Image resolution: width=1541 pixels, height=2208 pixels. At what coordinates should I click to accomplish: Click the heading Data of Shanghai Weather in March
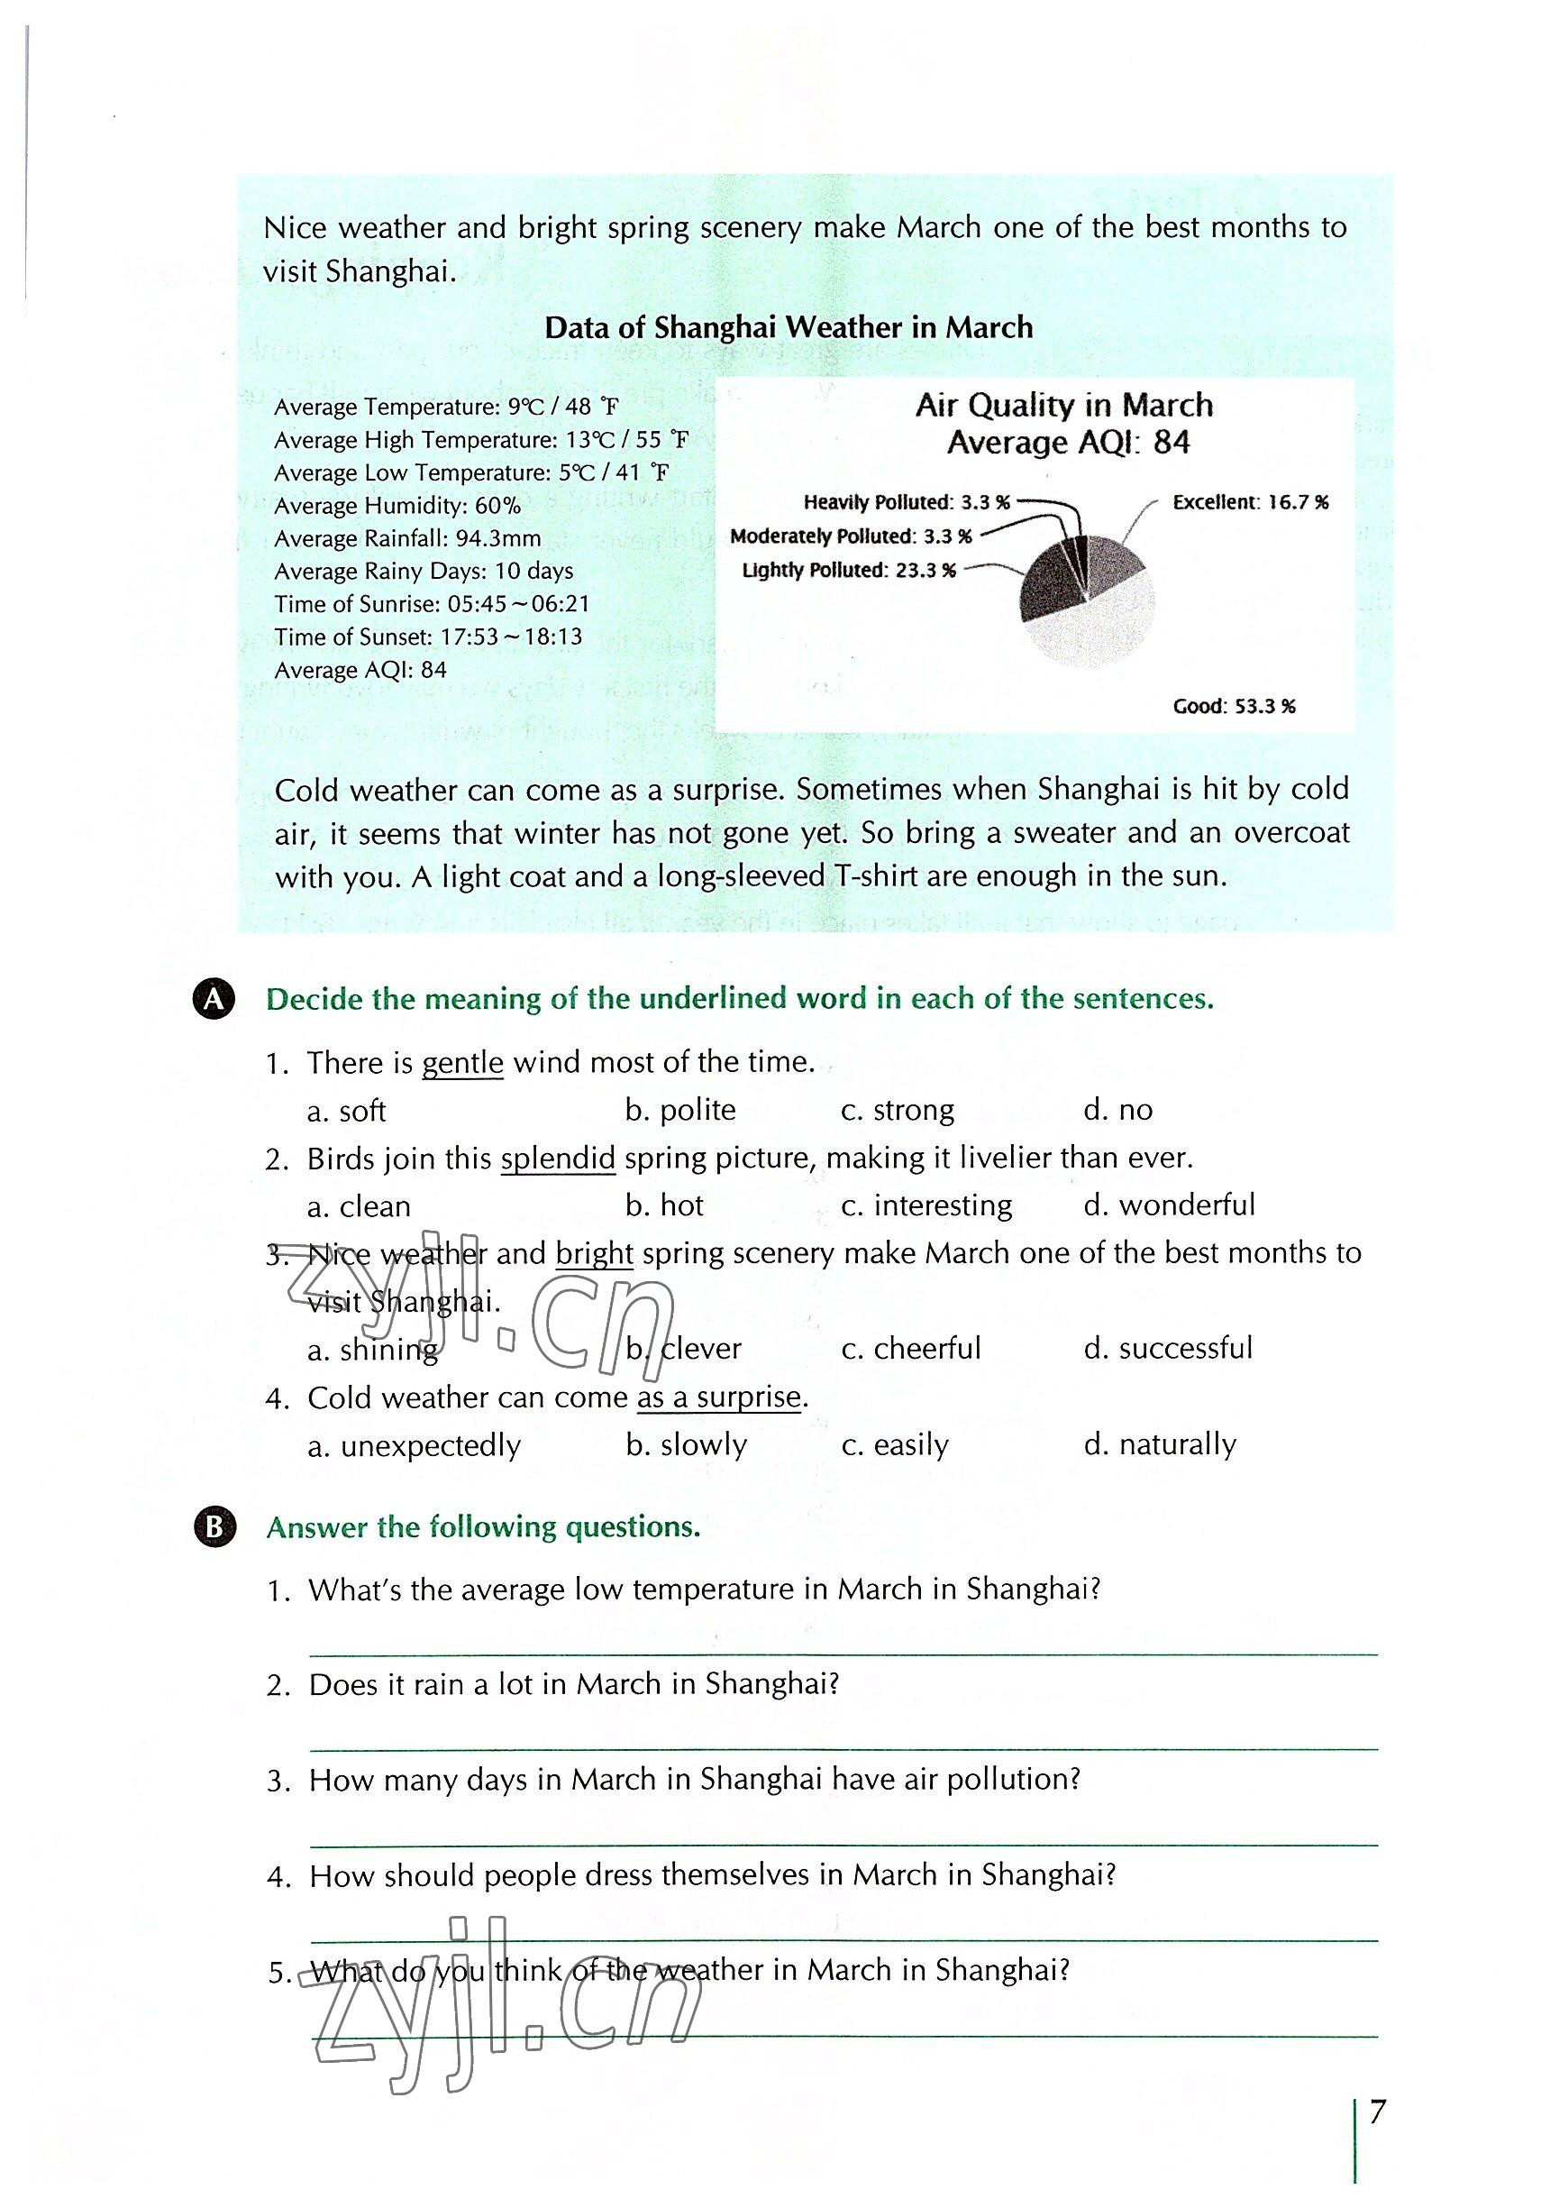(x=789, y=328)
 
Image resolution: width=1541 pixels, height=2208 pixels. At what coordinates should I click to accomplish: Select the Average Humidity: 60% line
(x=397, y=506)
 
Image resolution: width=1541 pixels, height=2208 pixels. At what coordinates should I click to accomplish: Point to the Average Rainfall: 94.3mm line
(x=407, y=538)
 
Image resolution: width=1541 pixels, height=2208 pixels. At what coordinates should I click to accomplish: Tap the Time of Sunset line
(x=428, y=637)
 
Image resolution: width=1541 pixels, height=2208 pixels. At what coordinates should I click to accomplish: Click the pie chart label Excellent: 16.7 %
(x=1250, y=502)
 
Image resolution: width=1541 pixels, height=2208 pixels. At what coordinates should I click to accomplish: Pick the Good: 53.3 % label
(x=1234, y=707)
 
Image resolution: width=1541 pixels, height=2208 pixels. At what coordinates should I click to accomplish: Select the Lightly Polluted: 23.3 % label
(x=849, y=571)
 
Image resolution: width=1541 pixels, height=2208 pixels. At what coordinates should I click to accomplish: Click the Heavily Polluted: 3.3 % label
(x=907, y=502)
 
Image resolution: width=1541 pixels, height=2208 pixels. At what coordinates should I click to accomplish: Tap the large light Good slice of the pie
(x=1096, y=630)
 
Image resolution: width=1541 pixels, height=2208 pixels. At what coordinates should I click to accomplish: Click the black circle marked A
(x=214, y=999)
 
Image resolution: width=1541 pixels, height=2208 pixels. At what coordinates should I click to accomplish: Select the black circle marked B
(x=214, y=1527)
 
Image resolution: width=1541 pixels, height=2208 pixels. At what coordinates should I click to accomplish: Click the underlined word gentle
(x=462, y=1063)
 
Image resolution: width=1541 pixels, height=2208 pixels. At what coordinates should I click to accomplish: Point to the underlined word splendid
(x=558, y=1158)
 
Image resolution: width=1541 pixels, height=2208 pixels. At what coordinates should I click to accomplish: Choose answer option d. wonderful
(x=1169, y=1205)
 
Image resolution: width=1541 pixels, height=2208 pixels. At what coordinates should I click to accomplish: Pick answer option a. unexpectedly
(x=414, y=1445)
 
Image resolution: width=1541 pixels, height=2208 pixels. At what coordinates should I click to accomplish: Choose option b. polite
(x=679, y=1110)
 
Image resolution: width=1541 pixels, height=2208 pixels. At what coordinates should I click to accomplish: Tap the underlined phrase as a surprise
(x=719, y=1397)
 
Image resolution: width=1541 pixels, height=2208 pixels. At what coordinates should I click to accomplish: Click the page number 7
(x=1378, y=2112)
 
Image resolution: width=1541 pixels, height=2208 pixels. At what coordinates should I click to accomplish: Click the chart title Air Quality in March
(x=1063, y=405)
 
